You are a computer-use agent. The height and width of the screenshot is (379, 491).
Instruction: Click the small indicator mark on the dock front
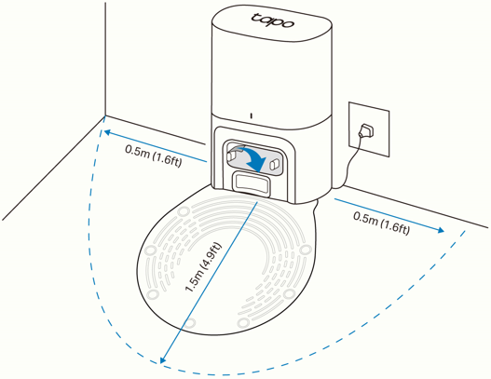[251, 116]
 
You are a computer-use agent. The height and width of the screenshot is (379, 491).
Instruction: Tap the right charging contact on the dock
[276, 162]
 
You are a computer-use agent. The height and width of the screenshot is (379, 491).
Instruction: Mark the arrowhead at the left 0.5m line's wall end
[106, 131]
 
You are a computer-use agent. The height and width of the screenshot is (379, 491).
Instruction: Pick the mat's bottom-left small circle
[194, 321]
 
